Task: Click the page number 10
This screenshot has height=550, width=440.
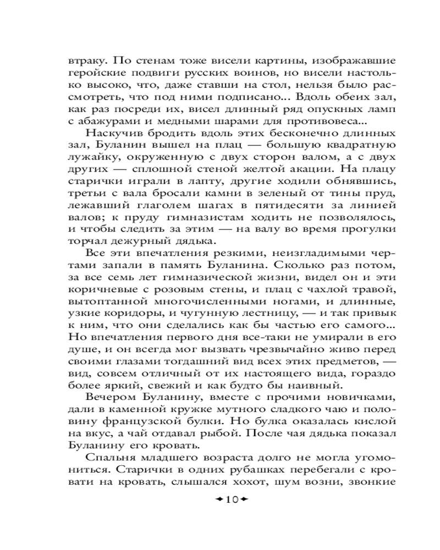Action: pos(231,500)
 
